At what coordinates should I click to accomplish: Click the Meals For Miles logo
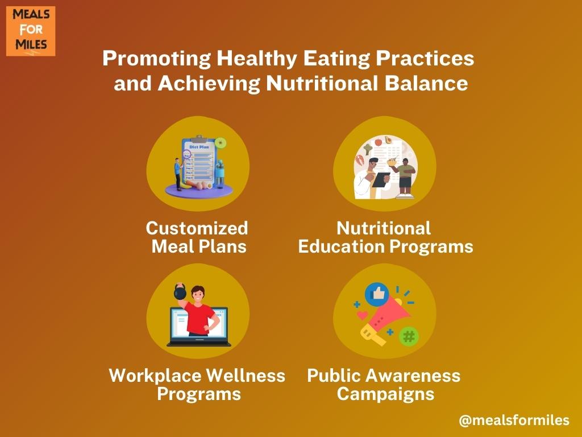31,31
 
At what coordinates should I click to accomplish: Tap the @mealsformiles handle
514,420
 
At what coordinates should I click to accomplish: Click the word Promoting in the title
157,59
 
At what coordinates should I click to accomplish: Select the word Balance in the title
426,83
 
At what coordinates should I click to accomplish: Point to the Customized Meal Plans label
197,237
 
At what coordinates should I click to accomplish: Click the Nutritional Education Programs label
385,237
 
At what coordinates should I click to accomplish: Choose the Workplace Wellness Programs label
197,384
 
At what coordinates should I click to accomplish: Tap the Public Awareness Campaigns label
384,384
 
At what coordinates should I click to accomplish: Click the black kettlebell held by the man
180,292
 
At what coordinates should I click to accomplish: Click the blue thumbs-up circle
377,294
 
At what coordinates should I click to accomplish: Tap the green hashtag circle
409,336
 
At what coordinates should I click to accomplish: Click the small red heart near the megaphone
362,315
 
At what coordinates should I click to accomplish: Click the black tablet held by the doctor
381,180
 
